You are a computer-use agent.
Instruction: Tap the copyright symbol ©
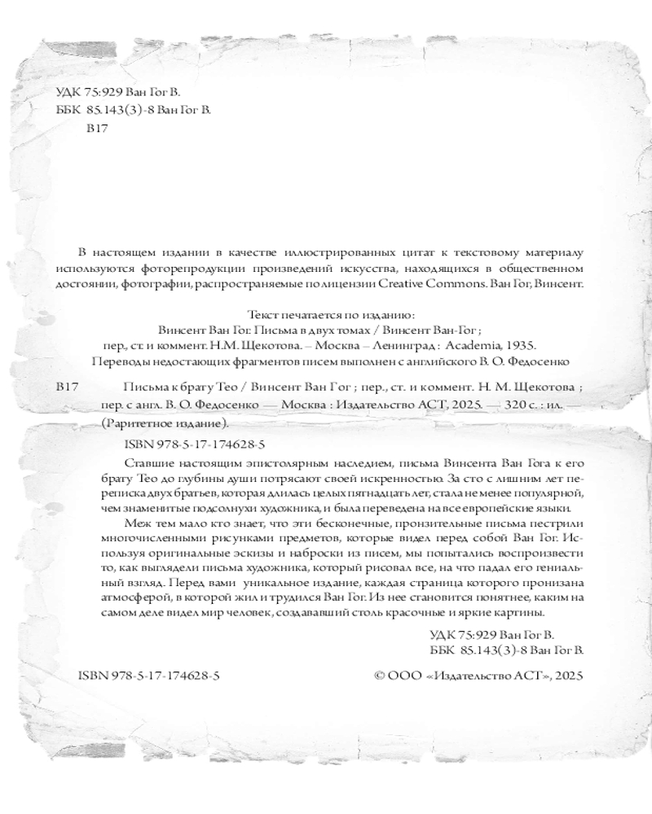[x=378, y=675]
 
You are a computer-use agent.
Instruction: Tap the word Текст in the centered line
[x=262, y=313]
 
